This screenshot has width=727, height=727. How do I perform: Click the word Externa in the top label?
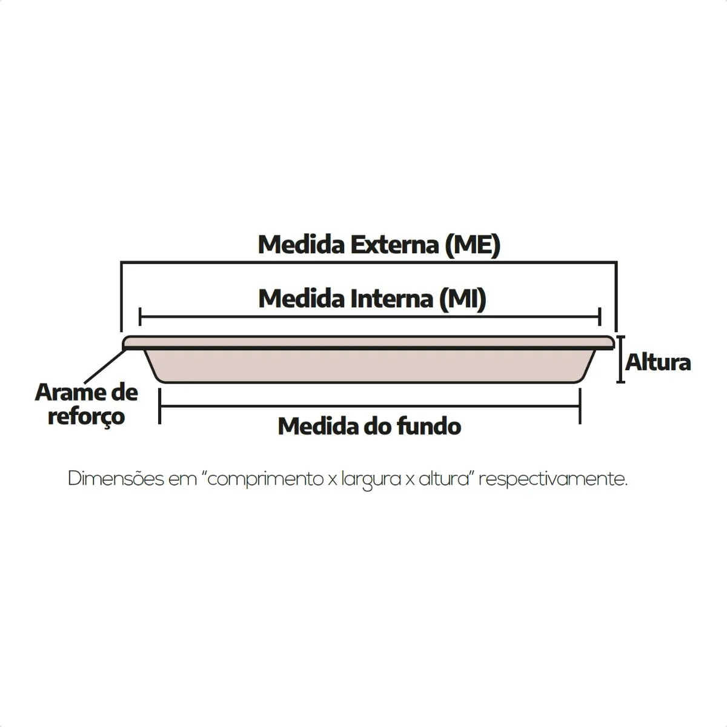[x=395, y=245]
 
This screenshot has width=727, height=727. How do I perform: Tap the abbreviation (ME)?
[x=473, y=245]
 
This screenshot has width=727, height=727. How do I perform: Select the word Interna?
[x=393, y=299]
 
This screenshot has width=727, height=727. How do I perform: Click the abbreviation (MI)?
[x=463, y=299]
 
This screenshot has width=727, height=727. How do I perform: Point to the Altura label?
[x=658, y=363]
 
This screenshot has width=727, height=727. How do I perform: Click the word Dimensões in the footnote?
[x=116, y=479]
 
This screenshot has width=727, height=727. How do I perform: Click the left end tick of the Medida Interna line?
[x=140, y=317]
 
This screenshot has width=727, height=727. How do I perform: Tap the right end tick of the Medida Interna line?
[x=600, y=317]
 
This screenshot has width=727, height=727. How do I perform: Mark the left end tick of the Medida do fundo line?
[x=160, y=407]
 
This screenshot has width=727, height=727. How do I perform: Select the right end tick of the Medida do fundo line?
[x=580, y=407]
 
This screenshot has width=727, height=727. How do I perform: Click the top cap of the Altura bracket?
[x=620, y=336]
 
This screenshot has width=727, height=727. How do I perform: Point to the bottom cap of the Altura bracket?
[x=620, y=382]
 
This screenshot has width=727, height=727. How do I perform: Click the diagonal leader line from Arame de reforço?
[x=105, y=367]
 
